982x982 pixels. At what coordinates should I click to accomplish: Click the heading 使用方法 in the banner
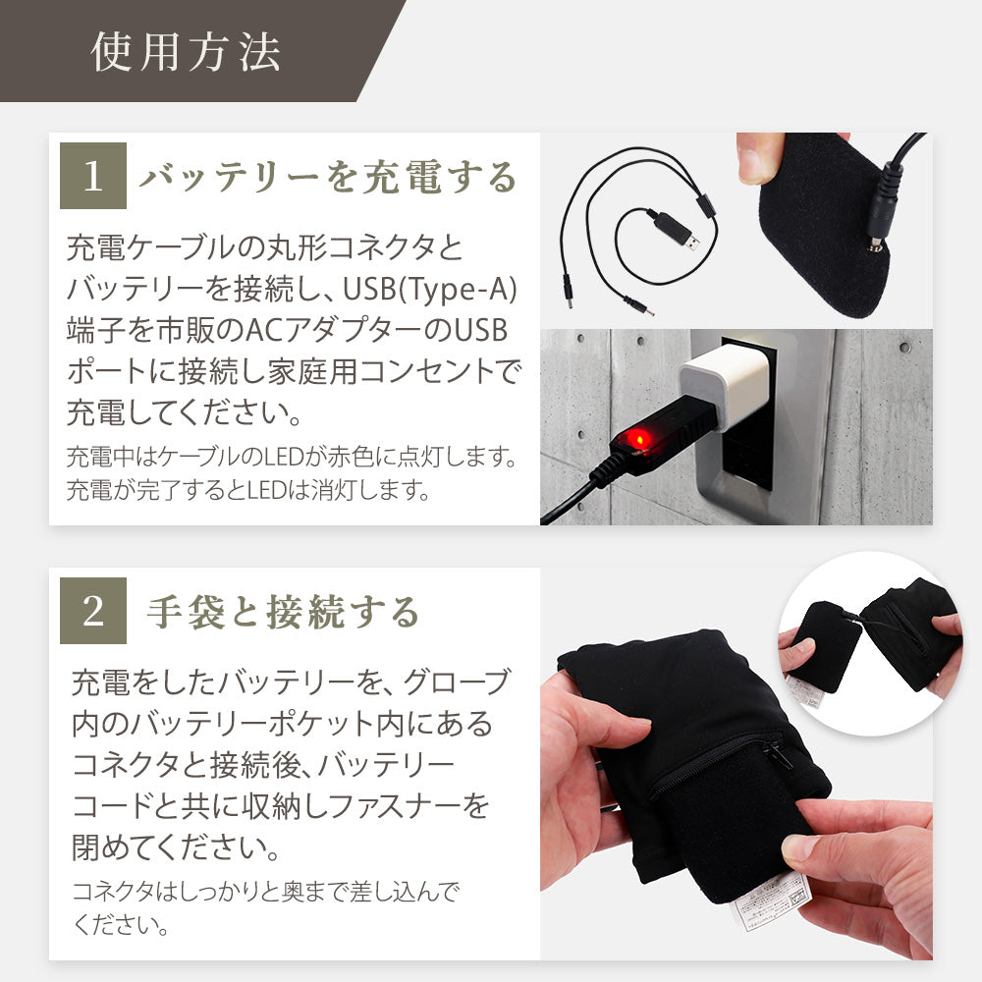point(186,51)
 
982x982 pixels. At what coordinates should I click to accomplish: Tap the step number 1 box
point(93,176)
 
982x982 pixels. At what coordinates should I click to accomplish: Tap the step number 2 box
point(93,611)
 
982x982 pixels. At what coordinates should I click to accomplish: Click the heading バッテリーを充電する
point(328,177)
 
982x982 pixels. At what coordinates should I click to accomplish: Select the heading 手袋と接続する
point(283,612)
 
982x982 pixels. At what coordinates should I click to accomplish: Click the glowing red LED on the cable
point(637,439)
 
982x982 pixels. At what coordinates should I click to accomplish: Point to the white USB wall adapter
point(725,386)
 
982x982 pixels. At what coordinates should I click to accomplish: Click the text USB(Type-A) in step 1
point(430,290)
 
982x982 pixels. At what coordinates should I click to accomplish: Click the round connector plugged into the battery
point(882,206)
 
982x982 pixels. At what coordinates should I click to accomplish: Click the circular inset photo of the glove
point(870,644)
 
